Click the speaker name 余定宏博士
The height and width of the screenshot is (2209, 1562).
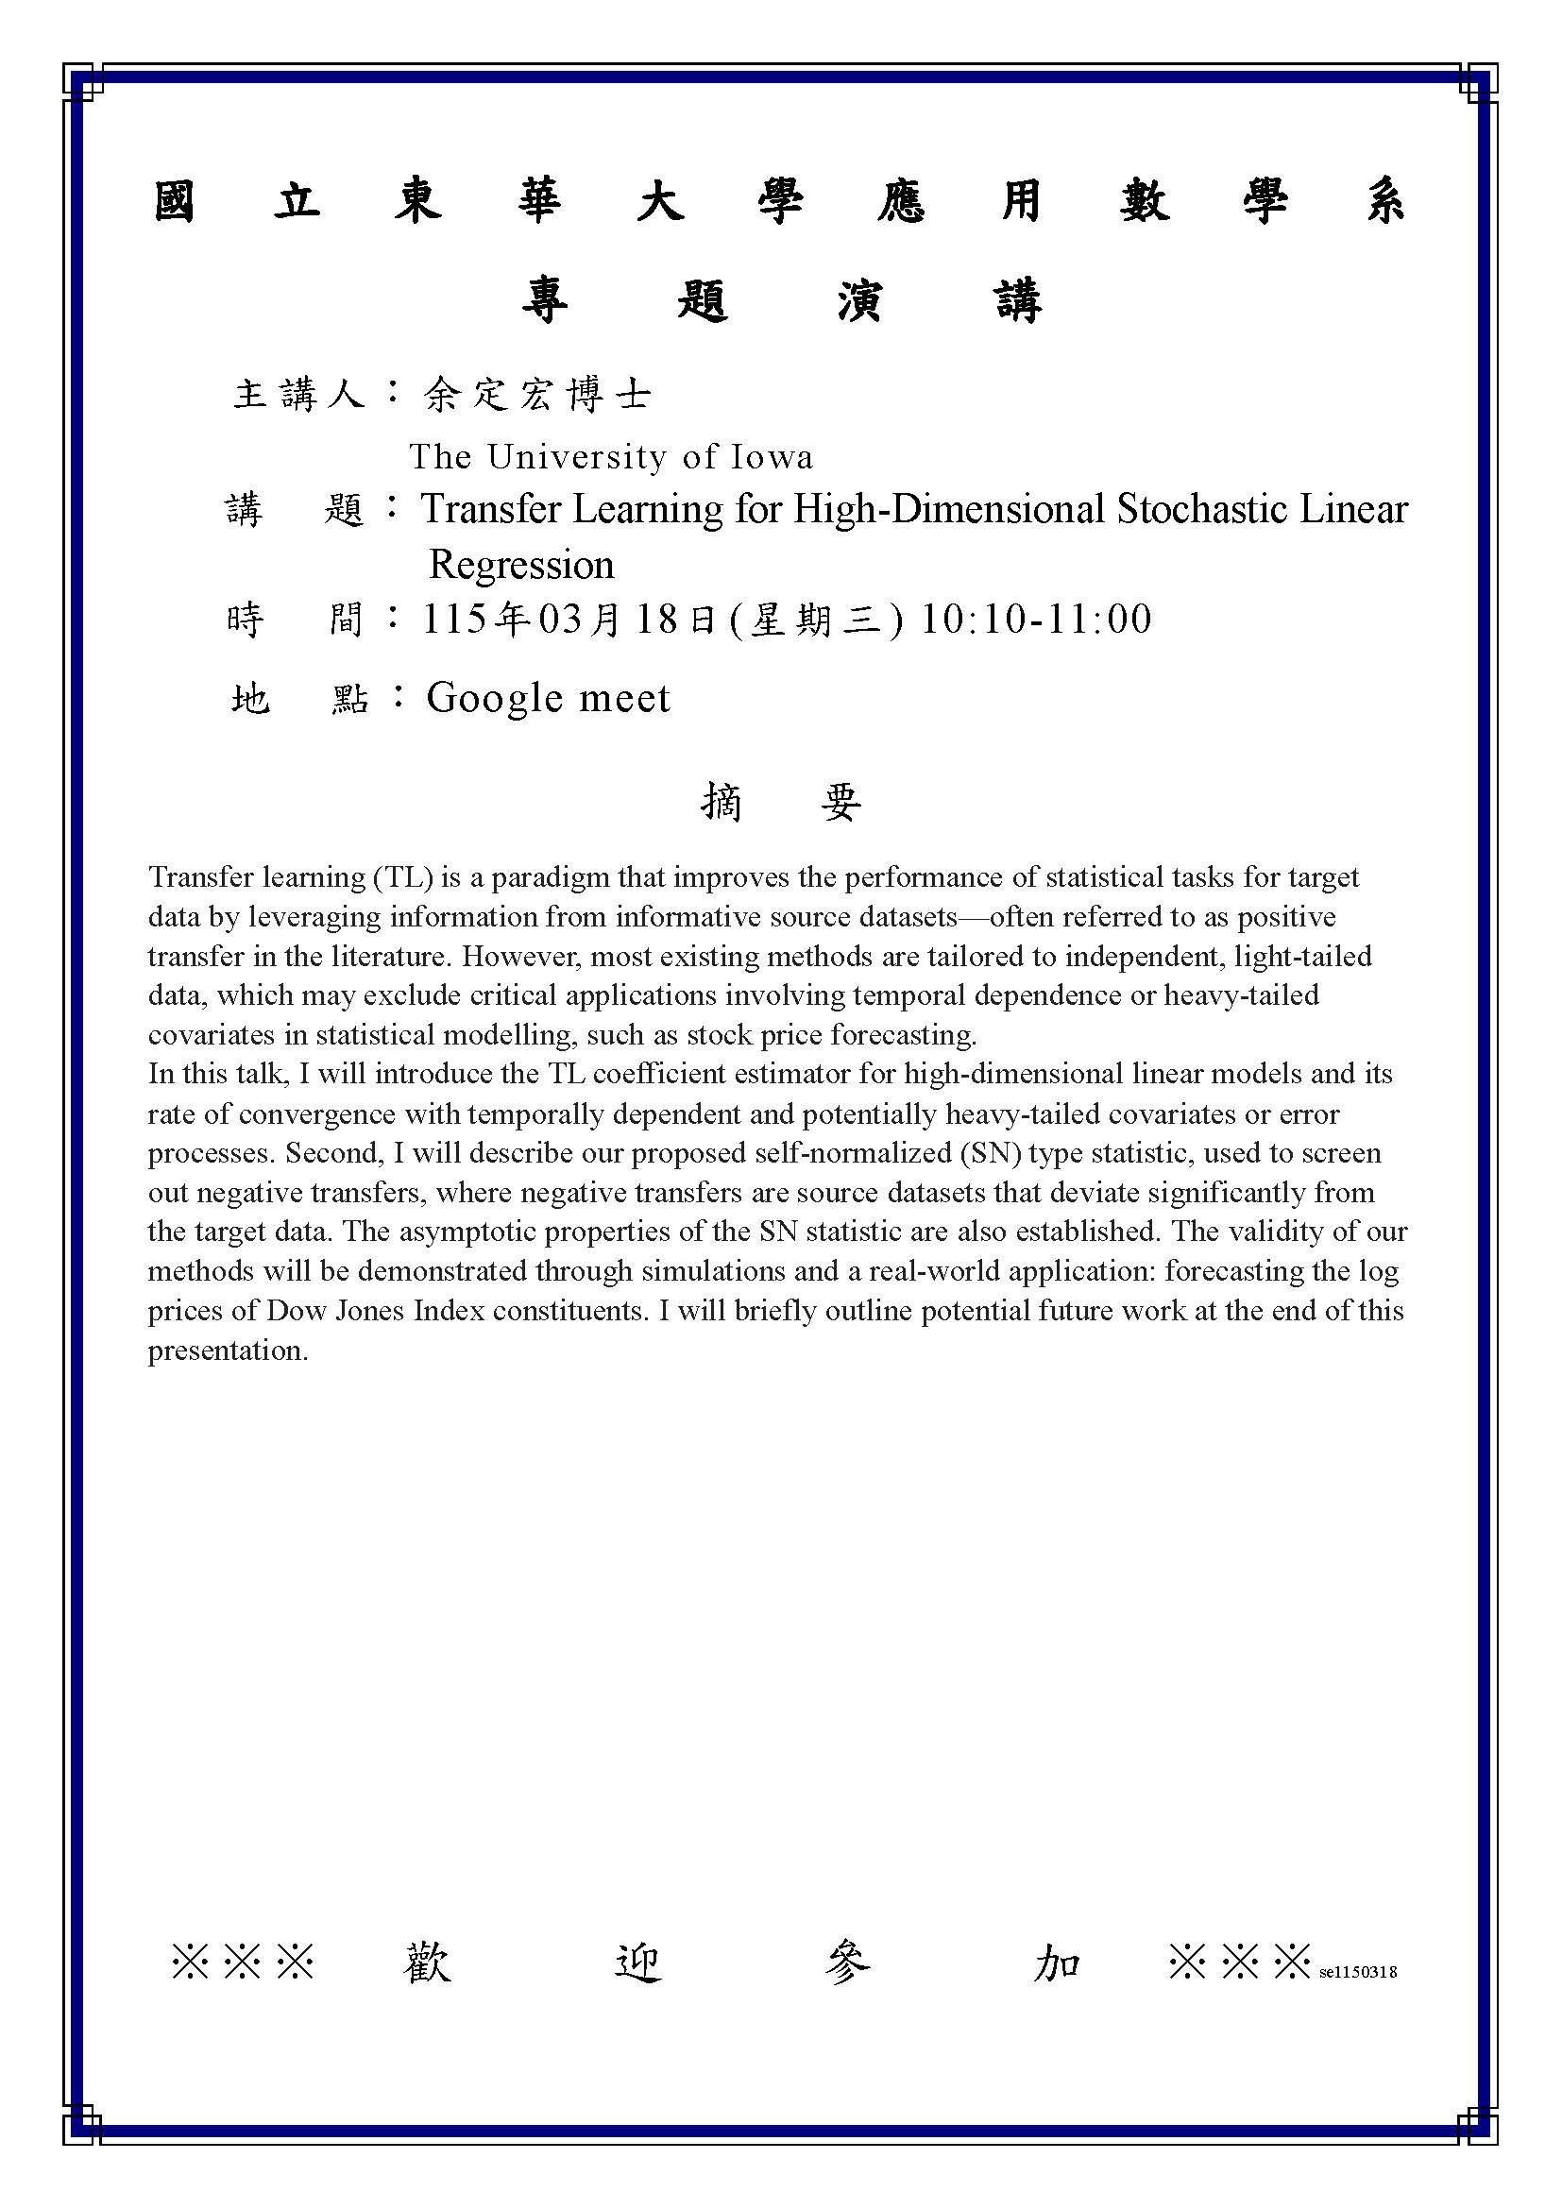[536, 395]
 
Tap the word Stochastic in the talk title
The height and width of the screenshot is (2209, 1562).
[1201, 509]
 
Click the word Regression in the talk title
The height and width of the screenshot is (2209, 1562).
[521, 565]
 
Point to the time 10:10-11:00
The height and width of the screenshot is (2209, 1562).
[1036, 620]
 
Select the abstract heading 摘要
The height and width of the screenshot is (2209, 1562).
[781, 802]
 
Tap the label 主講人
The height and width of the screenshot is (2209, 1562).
[299, 395]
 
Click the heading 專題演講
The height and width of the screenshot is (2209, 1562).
[781, 302]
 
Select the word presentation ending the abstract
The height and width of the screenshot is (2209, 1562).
[227, 1351]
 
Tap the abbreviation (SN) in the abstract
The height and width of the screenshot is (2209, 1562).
[994, 1153]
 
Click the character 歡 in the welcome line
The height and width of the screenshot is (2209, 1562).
[426, 1963]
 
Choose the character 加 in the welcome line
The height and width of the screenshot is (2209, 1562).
[1058, 1963]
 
